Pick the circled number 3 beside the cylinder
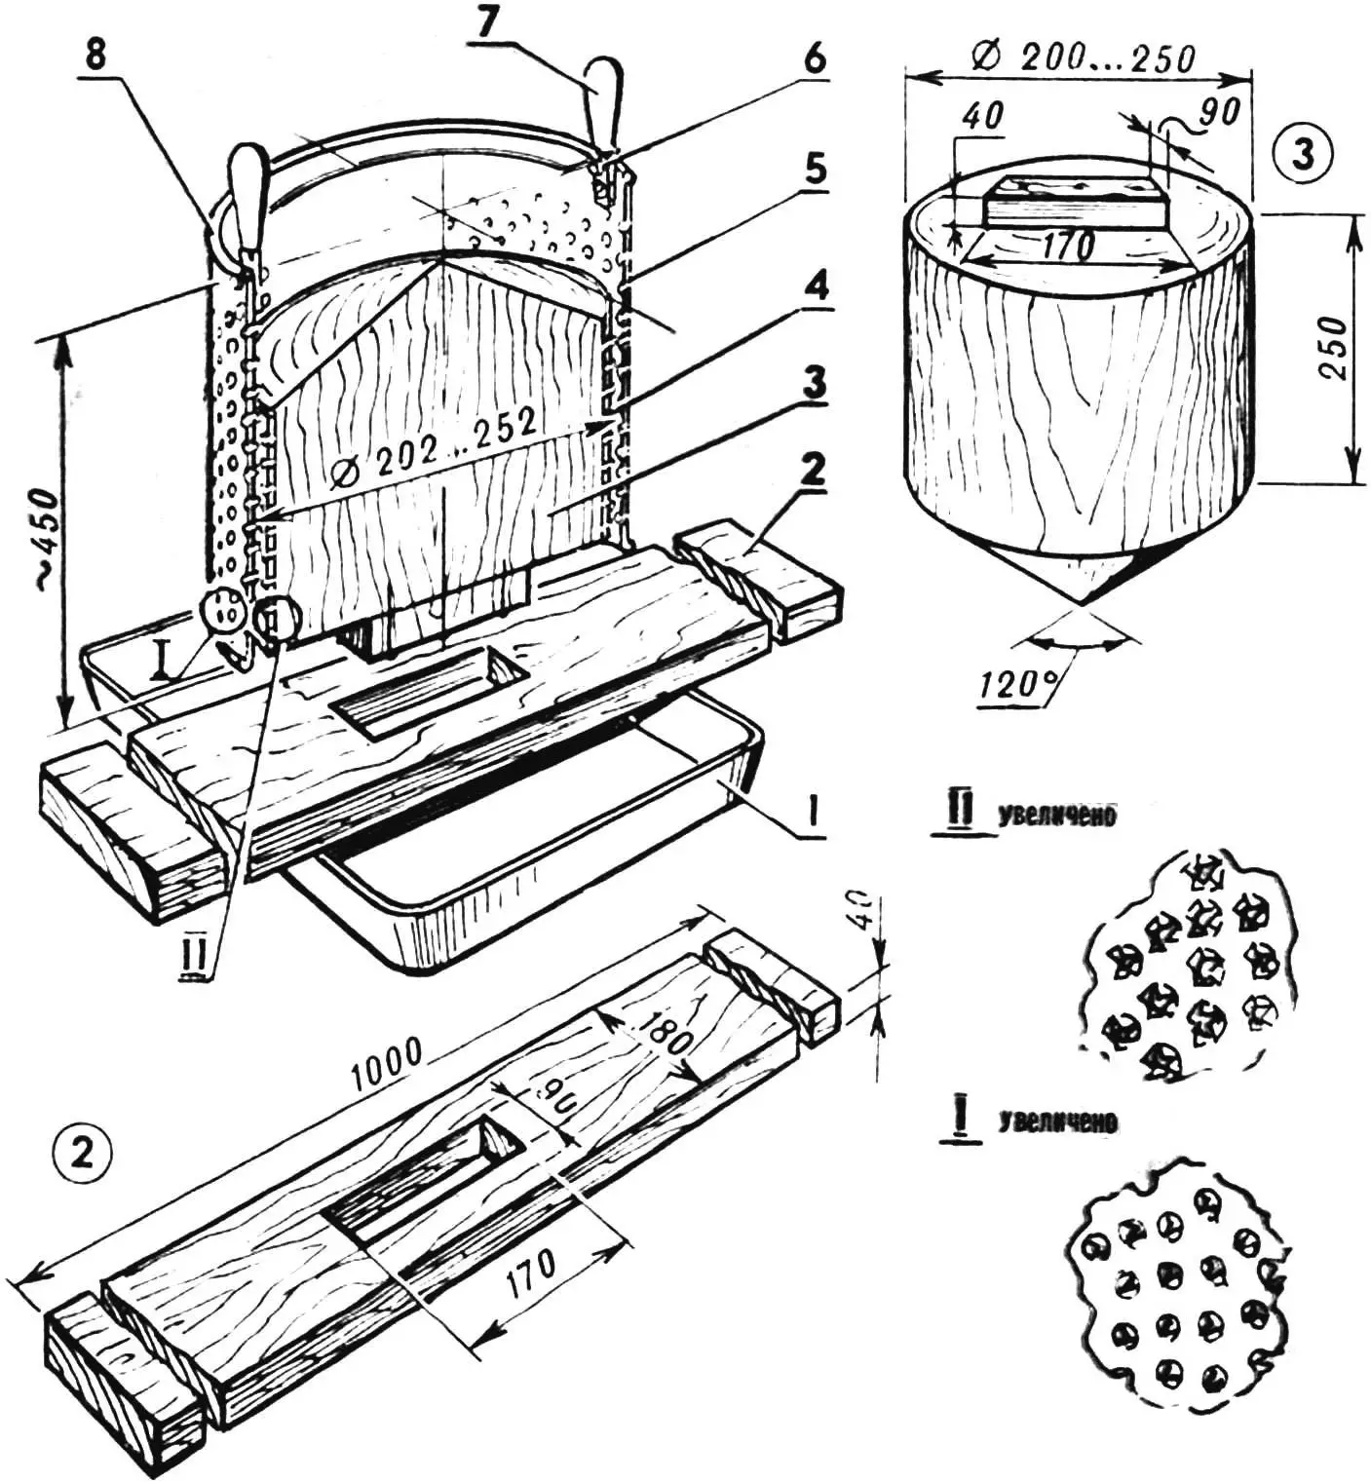pyautogui.click(x=1303, y=154)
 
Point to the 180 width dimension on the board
pyautogui.click(x=666, y=1041)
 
